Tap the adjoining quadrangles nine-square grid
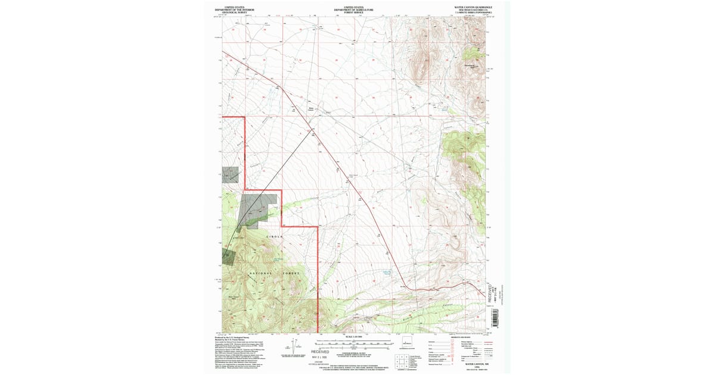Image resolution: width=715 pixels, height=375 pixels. point(399,359)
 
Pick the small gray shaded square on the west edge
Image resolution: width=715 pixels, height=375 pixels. point(231,174)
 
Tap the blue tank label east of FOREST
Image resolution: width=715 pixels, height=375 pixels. point(388,274)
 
